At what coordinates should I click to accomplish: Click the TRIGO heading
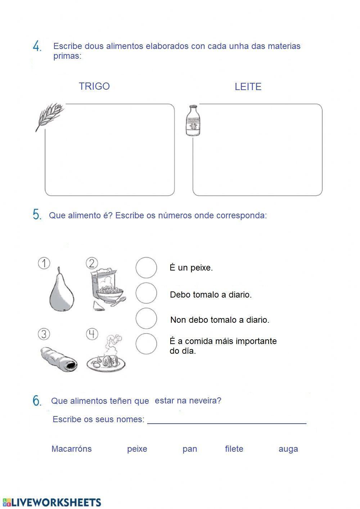[x=94, y=86]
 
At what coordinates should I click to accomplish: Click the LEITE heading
[x=248, y=87]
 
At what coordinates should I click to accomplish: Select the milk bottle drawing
[x=193, y=121]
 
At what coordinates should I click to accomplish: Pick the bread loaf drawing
[x=58, y=359]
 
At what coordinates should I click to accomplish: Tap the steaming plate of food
[x=106, y=357]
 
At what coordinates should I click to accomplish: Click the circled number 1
[x=44, y=263]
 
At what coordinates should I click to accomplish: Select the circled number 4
[x=92, y=334]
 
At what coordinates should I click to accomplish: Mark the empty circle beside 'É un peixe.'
[x=146, y=268]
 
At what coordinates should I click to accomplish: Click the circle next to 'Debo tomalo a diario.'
[x=146, y=293]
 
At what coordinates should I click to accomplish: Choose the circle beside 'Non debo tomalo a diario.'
[x=146, y=318]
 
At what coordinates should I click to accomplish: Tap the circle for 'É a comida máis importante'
[x=146, y=344]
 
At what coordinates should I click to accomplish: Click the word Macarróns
[x=71, y=449]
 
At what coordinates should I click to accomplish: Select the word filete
[x=234, y=449]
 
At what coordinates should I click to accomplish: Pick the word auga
[x=288, y=449]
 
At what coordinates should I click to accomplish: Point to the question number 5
[x=37, y=215]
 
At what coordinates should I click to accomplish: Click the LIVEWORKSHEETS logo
[x=52, y=502]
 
